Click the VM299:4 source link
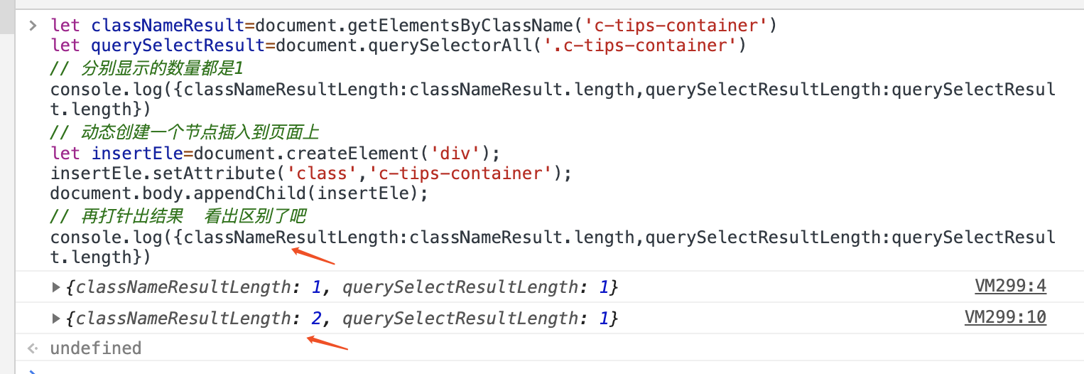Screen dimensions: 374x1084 click(1010, 287)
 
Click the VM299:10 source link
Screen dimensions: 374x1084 click(1005, 317)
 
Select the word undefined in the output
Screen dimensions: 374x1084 click(95, 348)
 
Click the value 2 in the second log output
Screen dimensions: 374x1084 click(316, 319)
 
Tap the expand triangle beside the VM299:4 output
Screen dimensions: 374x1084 click(56, 287)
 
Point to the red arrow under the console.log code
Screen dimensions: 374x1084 click(313, 255)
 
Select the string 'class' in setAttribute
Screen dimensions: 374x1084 click(269, 173)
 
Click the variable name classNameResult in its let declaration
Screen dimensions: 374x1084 click(168, 26)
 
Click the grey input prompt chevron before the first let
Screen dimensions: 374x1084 click(32, 26)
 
